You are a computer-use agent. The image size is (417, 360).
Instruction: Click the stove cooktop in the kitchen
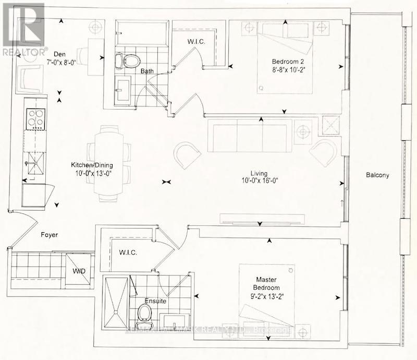click(x=34, y=119)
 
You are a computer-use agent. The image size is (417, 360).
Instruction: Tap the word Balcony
click(x=378, y=176)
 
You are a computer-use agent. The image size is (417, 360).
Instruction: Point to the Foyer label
click(x=50, y=235)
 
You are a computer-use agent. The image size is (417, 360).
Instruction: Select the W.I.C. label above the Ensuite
click(x=127, y=253)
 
